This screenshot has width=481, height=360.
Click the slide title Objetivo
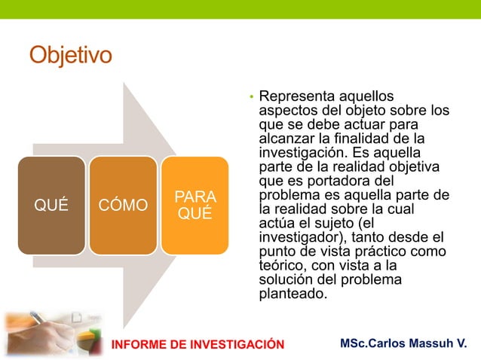click(70, 55)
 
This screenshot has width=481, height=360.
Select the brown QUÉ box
click(52, 205)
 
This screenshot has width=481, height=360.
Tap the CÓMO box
click(123, 205)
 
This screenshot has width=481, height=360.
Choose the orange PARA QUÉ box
click(195, 205)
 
